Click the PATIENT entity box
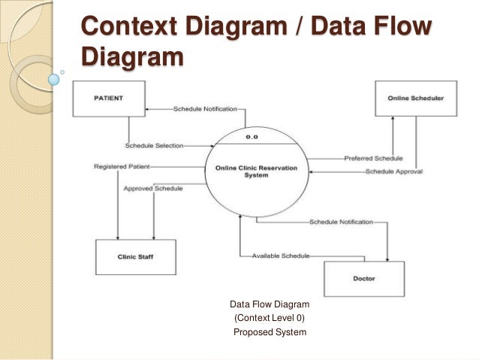pos(108,98)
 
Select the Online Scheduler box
pos(415,98)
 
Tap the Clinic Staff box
pos(136,257)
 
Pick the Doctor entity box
pos(364,279)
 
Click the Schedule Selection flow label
pos(154,145)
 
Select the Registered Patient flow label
pos(122,165)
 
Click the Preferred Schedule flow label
pos(373,159)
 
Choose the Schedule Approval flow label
pos(393,171)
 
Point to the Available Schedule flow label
pos(280,256)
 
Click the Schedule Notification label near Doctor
pos(341,222)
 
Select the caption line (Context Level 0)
pos(270,319)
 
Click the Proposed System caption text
pos(270,332)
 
